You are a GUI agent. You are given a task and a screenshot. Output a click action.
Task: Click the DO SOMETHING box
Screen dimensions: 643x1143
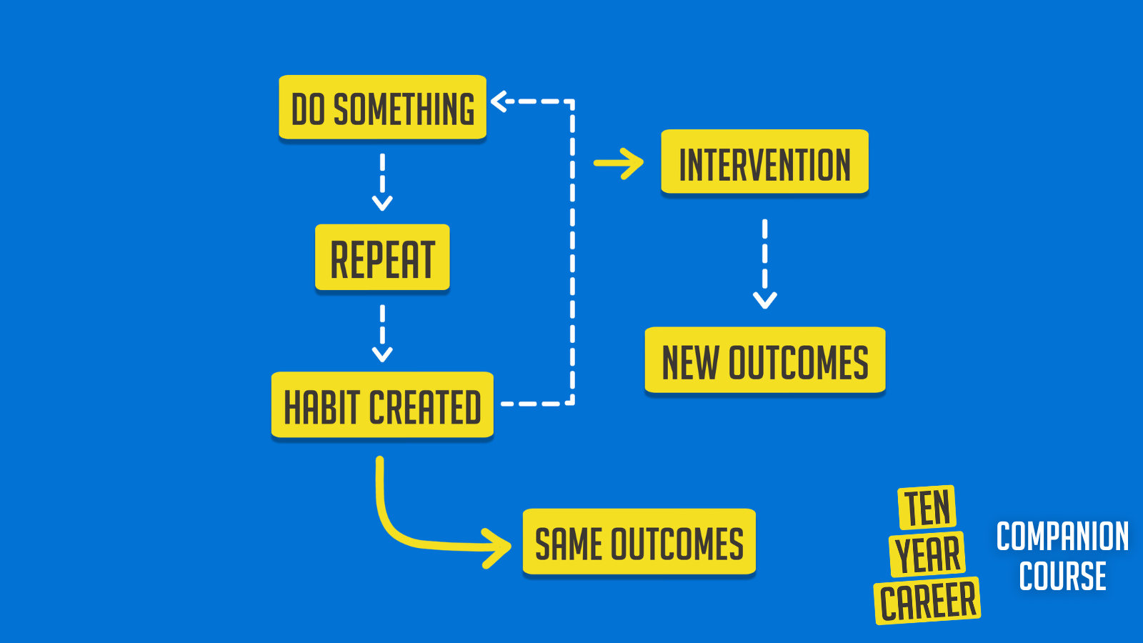pos(382,107)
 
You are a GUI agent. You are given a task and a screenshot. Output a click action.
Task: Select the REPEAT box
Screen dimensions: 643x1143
pos(382,258)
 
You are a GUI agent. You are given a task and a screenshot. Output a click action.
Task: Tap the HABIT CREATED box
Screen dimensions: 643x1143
pos(382,405)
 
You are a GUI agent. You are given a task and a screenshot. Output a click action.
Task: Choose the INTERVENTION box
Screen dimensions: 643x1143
pos(764,163)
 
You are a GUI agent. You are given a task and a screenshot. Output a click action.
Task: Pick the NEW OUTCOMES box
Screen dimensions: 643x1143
pos(764,361)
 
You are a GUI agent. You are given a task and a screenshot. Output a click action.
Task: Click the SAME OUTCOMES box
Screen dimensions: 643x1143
pos(639,542)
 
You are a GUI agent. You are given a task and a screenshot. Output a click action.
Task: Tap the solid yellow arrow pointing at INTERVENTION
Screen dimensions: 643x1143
pos(619,164)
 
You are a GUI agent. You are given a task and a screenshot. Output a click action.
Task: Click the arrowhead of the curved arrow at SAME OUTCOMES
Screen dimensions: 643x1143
pos(500,548)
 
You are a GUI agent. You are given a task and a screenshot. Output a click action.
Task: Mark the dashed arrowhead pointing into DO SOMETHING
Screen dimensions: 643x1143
pos(499,101)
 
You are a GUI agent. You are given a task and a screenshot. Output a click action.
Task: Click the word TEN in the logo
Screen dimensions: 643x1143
pos(927,507)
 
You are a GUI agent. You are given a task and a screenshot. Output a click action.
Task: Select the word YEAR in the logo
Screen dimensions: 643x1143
pos(927,554)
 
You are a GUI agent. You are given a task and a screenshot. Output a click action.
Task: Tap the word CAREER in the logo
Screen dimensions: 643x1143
pos(927,601)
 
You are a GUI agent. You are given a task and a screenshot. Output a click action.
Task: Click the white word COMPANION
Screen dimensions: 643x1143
pos(1062,537)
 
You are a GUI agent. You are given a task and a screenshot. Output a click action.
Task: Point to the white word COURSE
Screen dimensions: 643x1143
pos(1062,577)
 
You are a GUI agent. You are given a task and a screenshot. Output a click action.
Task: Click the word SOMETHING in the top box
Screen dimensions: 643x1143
pos(404,109)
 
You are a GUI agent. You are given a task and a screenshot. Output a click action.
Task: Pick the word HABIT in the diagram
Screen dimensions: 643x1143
pos(321,407)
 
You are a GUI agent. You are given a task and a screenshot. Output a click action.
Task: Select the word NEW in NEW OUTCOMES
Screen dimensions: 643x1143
pos(690,362)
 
